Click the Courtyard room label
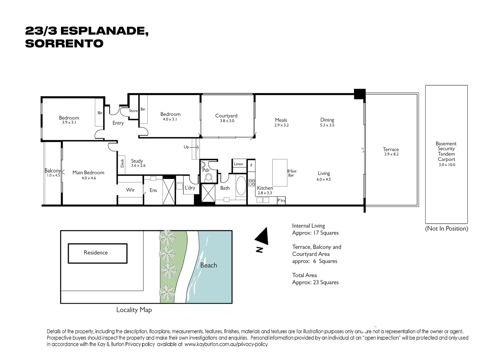click(226, 116)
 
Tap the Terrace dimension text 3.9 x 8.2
click(391, 154)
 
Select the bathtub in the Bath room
click(241, 186)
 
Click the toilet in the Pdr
click(209, 178)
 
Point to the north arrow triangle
click(263, 236)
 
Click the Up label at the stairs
click(186, 147)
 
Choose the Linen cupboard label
click(238, 164)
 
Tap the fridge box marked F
click(252, 165)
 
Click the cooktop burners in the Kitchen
click(252, 183)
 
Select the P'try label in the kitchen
click(282, 200)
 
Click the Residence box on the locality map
click(97, 253)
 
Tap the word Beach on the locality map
click(208, 265)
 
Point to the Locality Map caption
click(134, 310)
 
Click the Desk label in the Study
click(122, 163)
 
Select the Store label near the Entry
click(133, 111)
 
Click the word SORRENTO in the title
click(64, 43)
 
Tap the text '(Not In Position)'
click(446, 229)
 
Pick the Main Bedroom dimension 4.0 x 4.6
click(89, 178)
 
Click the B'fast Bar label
click(292, 173)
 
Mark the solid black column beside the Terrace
click(360, 94)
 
